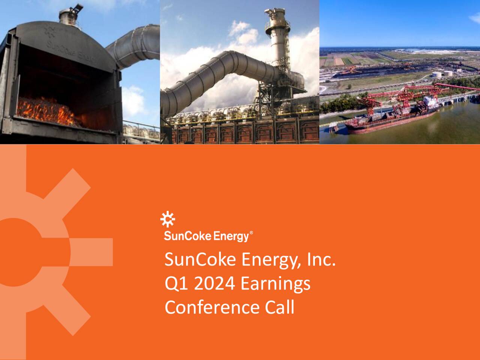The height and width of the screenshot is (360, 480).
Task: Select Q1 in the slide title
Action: coord(176,283)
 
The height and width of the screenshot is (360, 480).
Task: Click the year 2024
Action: coord(214,283)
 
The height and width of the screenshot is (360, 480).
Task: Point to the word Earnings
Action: coord(275,283)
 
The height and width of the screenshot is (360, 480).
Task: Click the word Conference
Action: coord(212,307)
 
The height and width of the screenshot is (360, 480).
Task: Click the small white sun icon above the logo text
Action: coord(168,219)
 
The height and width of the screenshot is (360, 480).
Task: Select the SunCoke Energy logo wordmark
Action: coord(207,236)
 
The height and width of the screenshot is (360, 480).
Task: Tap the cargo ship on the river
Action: coord(390,116)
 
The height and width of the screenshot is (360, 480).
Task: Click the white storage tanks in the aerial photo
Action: coord(442,74)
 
